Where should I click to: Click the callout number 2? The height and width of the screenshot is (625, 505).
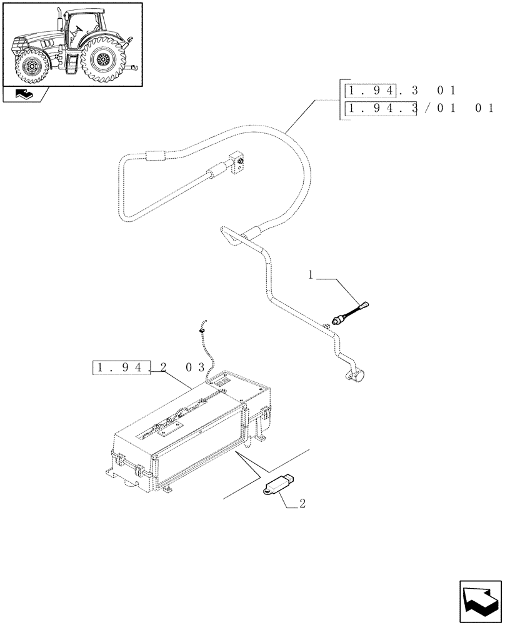point(302,503)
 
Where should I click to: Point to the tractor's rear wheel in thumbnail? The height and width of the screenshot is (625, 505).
point(103,61)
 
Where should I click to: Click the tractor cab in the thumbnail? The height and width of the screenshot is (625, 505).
point(82,27)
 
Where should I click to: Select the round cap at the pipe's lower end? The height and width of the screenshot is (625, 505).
point(358,375)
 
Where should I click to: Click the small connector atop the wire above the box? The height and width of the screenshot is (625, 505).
point(202,325)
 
